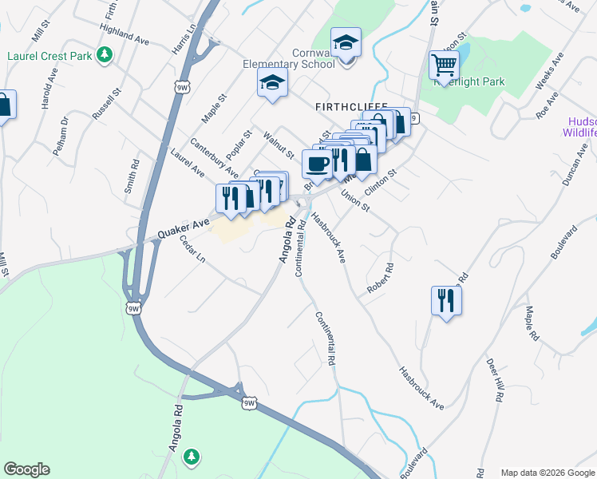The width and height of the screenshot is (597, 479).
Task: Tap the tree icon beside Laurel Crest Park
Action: (103, 55)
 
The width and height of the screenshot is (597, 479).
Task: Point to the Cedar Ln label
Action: (192, 249)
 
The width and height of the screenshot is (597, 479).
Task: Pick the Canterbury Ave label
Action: (214, 158)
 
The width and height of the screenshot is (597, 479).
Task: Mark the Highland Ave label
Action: (125, 34)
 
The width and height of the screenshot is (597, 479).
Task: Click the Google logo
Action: (26, 469)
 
